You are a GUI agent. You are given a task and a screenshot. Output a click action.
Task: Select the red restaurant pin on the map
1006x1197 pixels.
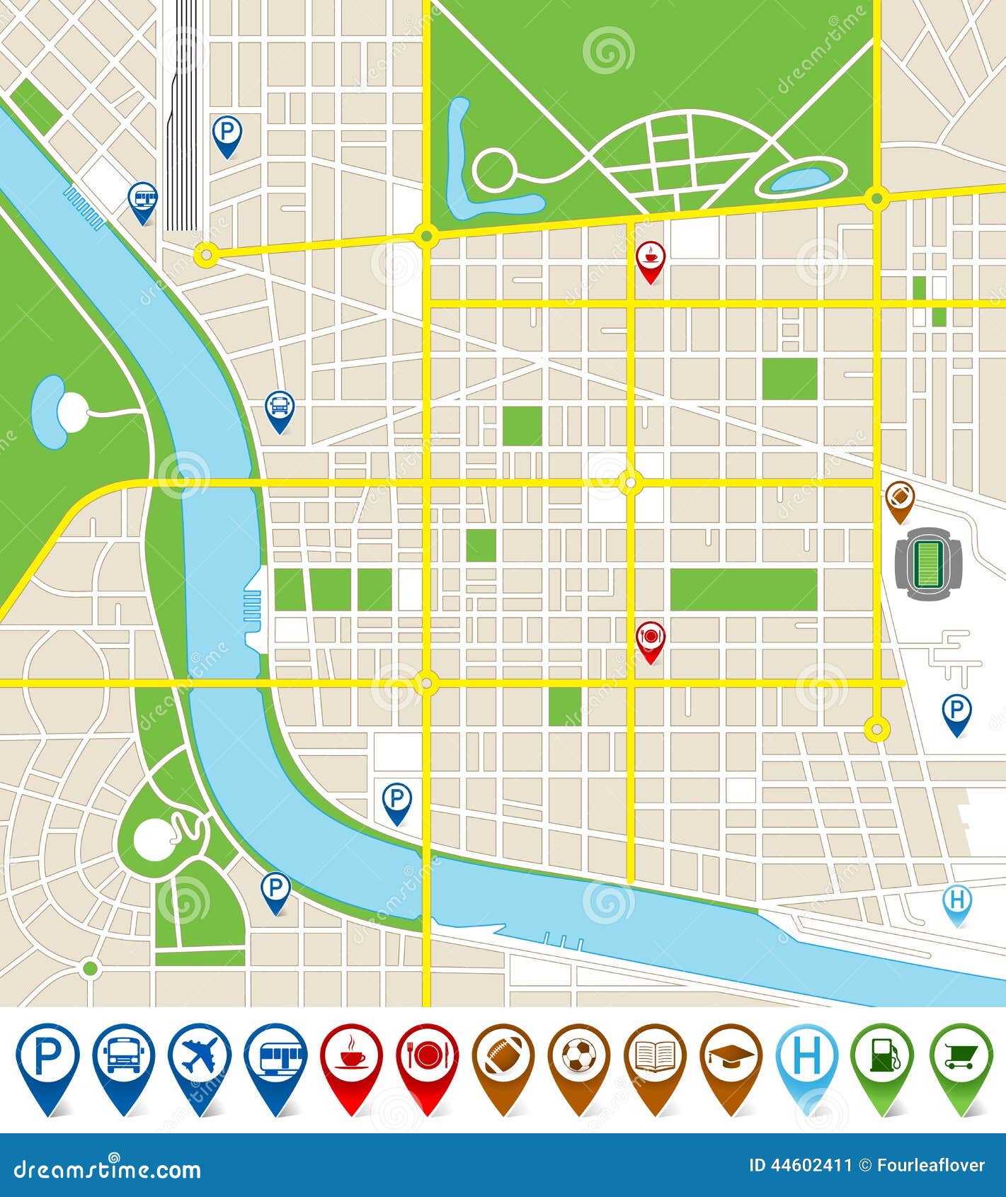tap(650, 638)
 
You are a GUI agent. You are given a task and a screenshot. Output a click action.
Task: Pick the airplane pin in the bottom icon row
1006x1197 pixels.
tap(200, 1059)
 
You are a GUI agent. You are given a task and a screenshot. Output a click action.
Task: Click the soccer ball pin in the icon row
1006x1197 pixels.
tap(578, 1059)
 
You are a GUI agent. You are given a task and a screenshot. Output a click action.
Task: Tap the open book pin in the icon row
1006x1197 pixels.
tap(655, 1059)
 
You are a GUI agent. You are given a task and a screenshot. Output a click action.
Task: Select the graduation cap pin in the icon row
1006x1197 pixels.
tap(731, 1059)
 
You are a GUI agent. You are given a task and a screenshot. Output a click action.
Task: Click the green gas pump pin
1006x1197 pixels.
tap(882, 1059)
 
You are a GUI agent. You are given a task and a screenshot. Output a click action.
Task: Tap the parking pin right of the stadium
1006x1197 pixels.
tap(956, 710)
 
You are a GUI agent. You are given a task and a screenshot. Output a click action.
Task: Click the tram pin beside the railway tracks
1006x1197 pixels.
tap(143, 199)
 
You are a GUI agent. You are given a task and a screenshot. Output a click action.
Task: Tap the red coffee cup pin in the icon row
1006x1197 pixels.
tap(351, 1059)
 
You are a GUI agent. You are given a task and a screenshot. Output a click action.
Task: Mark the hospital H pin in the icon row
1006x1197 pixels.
tap(807, 1059)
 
